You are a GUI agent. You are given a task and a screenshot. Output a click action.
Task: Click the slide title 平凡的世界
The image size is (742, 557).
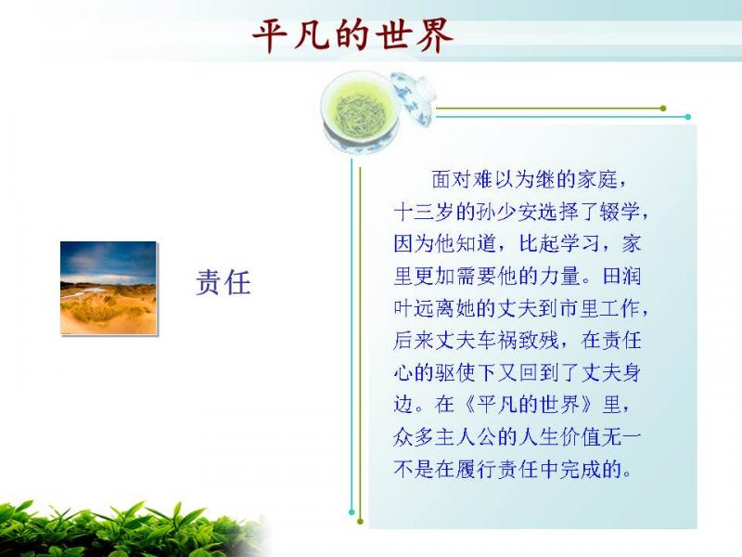(352, 35)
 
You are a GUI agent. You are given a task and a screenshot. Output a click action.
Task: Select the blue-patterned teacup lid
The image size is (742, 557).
(413, 97)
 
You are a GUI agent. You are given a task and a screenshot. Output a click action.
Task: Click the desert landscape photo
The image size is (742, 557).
(109, 288)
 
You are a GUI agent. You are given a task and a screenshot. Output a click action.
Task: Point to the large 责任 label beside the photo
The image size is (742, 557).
(223, 283)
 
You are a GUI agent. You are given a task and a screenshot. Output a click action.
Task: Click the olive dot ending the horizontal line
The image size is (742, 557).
(663, 109)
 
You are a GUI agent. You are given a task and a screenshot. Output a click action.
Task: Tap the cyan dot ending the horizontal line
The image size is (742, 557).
(687, 117)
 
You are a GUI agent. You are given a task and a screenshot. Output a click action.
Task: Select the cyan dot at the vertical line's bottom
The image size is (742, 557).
(352, 512)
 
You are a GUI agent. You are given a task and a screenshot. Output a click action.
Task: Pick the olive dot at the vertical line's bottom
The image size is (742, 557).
(360, 522)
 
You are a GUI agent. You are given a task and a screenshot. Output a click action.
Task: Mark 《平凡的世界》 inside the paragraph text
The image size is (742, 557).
(529, 405)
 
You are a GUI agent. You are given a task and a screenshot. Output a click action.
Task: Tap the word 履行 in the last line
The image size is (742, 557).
(476, 470)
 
